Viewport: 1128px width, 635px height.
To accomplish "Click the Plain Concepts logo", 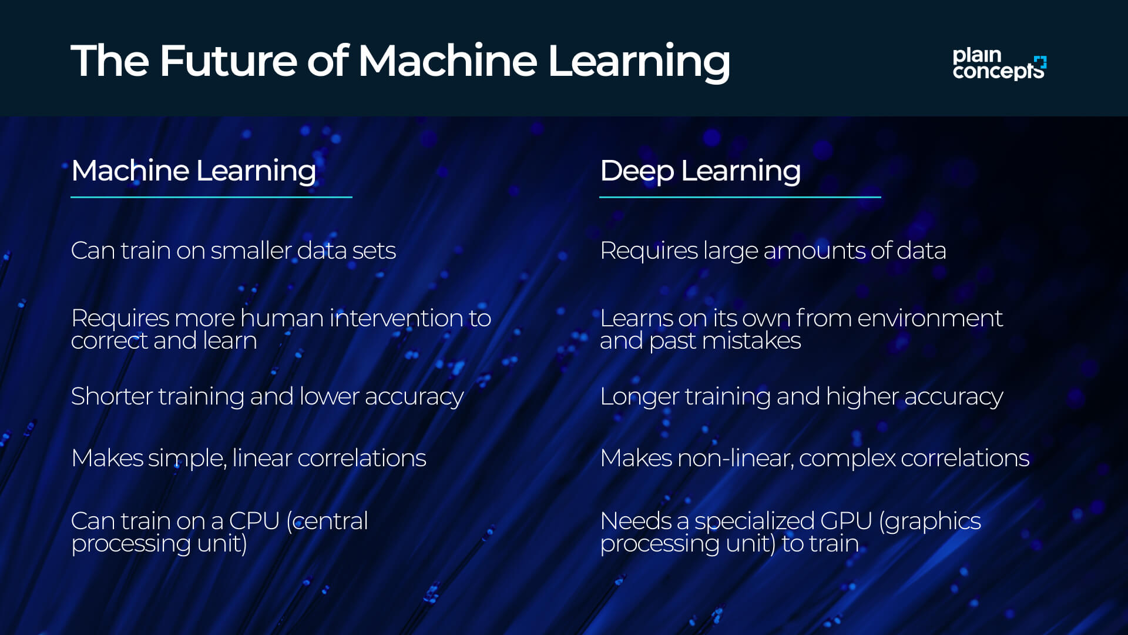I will (999, 63).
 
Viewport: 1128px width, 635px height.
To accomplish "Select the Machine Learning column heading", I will (193, 171).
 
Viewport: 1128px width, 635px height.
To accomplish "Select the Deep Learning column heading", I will (700, 171).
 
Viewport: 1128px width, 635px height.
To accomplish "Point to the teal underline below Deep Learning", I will (740, 197).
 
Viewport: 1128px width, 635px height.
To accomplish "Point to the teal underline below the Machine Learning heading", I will (211, 197).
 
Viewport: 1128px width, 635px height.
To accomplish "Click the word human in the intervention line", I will (281, 318).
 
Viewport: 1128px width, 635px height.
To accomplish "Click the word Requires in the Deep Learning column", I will (649, 251).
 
